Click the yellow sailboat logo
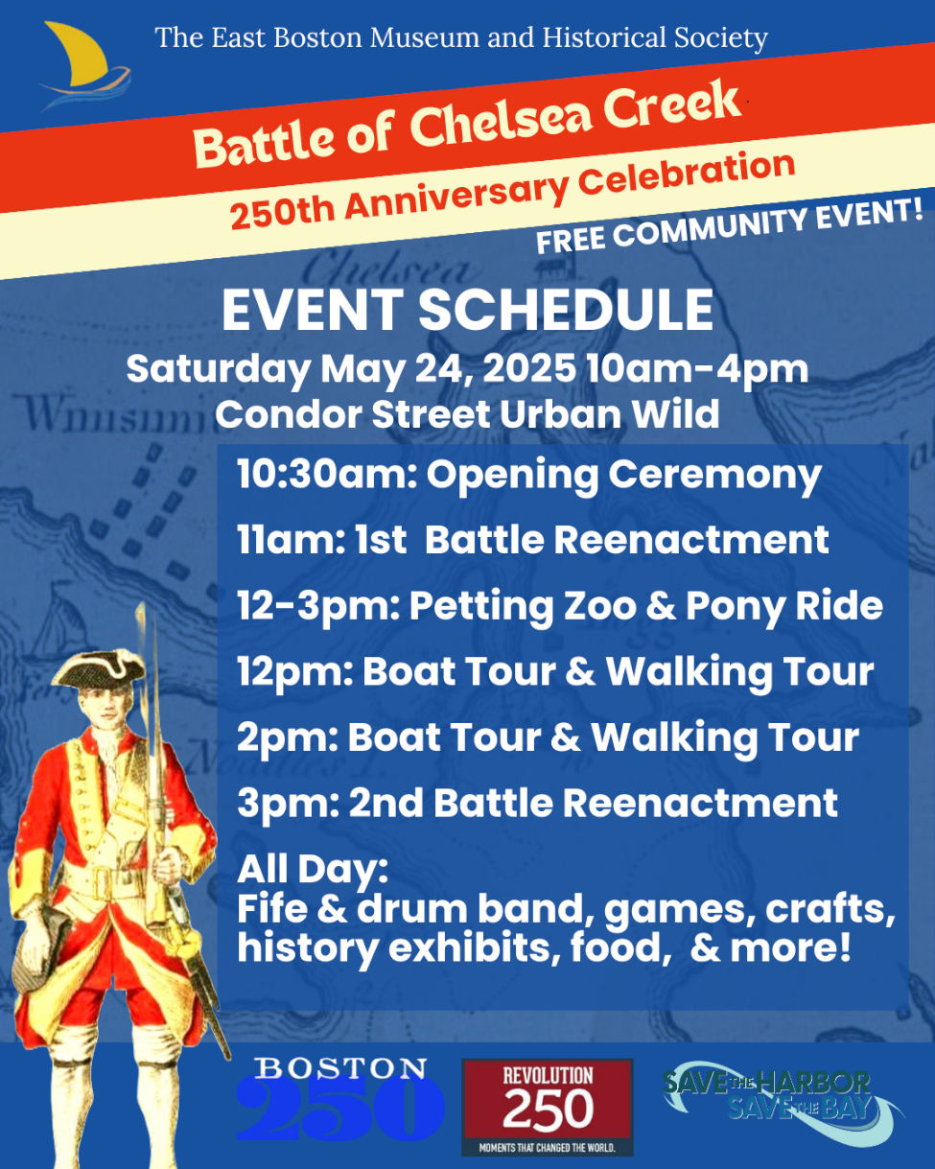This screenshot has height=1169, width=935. (x=84, y=65)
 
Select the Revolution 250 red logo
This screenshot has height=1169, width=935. (x=547, y=1107)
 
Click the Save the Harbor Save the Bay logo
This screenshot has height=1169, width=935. (x=783, y=1104)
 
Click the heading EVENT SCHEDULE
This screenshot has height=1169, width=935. (x=467, y=310)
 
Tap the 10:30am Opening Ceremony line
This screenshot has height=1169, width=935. (x=528, y=476)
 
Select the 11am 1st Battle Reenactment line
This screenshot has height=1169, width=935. (x=533, y=541)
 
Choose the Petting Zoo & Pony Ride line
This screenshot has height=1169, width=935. (x=560, y=607)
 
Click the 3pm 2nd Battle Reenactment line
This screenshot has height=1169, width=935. (x=537, y=804)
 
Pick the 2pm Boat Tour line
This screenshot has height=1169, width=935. (x=548, y=738)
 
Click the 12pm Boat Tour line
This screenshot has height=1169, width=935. (x=555, y=673)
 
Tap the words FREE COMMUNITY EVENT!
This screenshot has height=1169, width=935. (x=730, y=225)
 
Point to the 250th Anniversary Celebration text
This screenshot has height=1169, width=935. (x=512, y=190)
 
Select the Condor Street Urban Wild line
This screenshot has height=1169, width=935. (x=467, y=415)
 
